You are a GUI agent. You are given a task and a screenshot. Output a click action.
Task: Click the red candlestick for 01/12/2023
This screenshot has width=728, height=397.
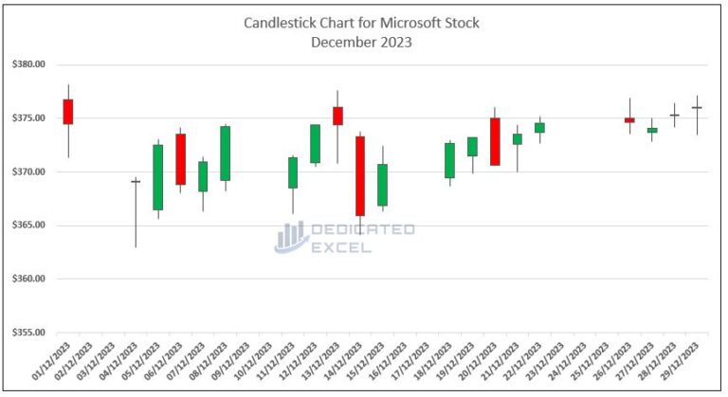click(x=67, y=112)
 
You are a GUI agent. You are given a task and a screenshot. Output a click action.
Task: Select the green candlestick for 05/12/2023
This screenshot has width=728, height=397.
click(x=157, y=177)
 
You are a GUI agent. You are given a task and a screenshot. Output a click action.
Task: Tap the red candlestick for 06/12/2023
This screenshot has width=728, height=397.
click(x=180, y=159)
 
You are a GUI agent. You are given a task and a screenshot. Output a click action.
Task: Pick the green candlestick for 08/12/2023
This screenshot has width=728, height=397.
click(x=226, y=153)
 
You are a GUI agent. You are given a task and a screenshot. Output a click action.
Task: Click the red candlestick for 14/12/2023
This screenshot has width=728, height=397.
click(x=360, y=176)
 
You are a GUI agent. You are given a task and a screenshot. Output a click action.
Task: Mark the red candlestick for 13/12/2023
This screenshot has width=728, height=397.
click(x=337, y=116)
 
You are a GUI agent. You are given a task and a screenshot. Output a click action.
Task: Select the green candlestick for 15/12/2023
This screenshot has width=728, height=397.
click(x=382, y=185)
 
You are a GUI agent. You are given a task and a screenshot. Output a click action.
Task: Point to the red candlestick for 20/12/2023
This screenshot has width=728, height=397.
click(x=495, y=142)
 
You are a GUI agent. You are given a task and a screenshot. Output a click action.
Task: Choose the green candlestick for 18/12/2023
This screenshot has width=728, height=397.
click(x=449, y=160)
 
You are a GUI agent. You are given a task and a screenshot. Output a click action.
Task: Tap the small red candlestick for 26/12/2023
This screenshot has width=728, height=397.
click(x=629, y=120)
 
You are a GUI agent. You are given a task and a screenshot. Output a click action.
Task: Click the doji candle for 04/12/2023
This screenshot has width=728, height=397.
click(x=136, y=181)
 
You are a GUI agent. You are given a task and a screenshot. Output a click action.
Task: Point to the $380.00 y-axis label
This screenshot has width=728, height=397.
click(x=29, y=64)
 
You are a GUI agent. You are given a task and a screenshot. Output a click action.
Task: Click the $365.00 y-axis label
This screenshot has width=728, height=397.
click(x=29, y=226)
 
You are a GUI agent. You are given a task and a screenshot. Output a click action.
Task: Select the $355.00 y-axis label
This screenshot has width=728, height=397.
click(x=29, y=333)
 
